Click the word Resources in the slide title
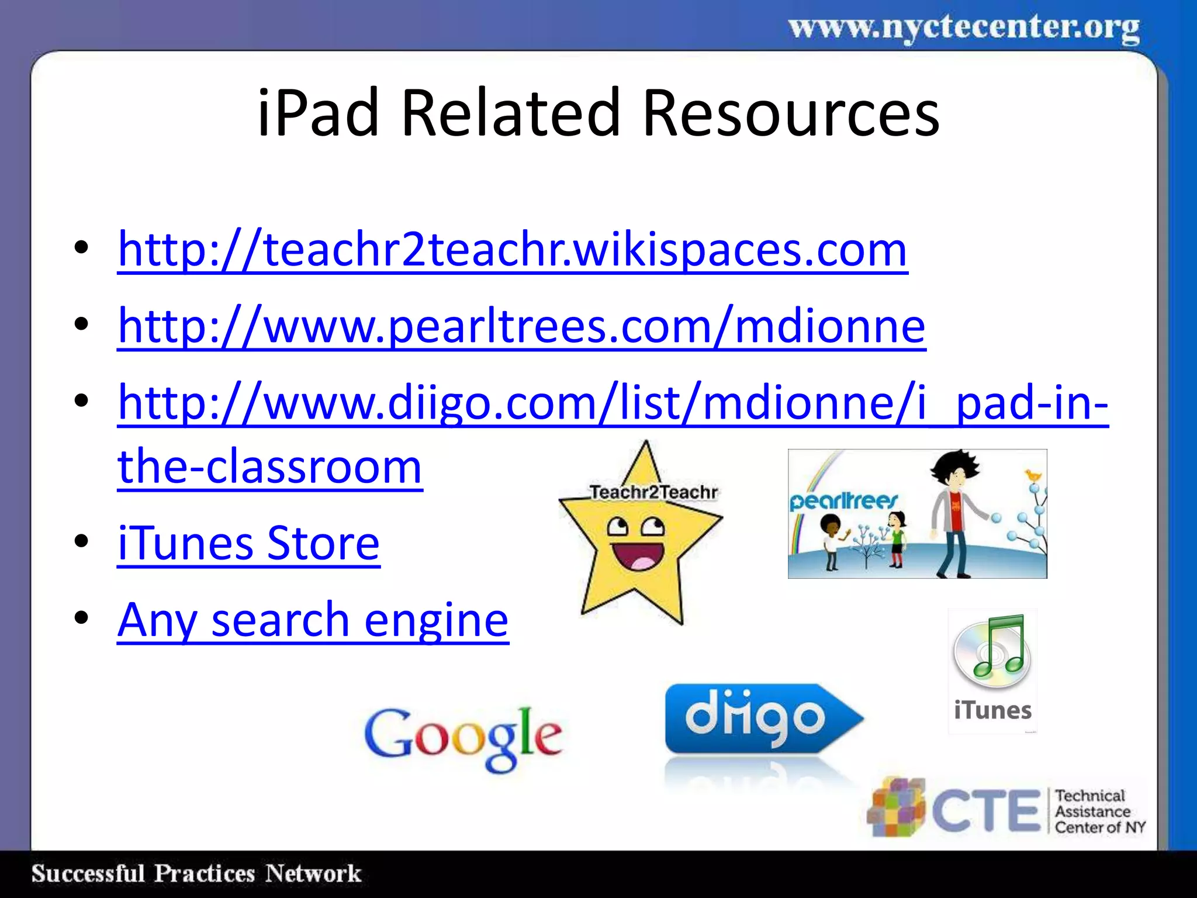pyautogui.click(x=791, y=112)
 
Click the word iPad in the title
pyautogui.click(x=319, y=112)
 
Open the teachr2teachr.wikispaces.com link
pyautogui.click(x=512, y=250)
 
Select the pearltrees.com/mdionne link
pyautogui.click(x=521, y=326)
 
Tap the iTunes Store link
pyautogui.click(x=248, y=543)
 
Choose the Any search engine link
pyautogui.click(x=313, y=620)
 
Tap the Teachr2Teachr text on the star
pyautogui.click(x=653, y=492)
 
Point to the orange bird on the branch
pyautogui.click(x=1033, y=475)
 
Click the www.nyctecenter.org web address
pyautogui.click(x=964, y=28)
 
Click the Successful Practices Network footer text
pyautogui.click(x=196, y=873)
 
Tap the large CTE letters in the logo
pyautogui.click(x=986, y=810)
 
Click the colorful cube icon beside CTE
pyautogui.click(x=897, y=807)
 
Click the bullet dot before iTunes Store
pyautogui.click(x=81, y=542)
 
